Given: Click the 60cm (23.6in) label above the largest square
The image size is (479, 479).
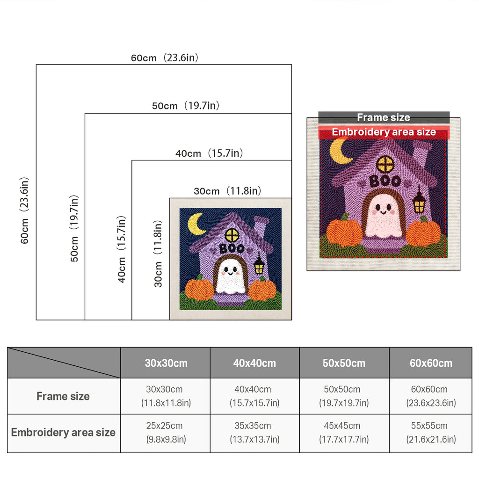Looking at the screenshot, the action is pos(165,58).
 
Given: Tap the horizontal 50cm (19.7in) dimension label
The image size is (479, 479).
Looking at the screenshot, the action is pos(186,105).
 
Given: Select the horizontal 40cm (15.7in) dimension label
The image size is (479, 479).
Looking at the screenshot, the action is pos(209,153).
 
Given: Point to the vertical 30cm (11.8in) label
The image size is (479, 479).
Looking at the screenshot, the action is pos(158,254).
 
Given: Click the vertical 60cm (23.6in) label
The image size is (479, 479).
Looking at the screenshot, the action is pos(24,210).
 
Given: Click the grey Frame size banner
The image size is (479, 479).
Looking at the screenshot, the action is pos(384,117).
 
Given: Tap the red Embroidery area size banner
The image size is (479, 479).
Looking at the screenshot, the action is pos(384,132).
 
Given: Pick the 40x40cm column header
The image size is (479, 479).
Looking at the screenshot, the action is pos(254,363).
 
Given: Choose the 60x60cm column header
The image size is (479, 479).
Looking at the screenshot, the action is pos(431,363).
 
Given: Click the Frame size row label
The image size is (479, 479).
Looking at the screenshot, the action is pos(63,396).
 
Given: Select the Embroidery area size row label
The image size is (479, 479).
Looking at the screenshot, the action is pos(63,432).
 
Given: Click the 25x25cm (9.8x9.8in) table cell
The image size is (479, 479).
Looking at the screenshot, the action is pos(166,432).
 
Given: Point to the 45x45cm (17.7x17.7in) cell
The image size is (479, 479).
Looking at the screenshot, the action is pos(344,432).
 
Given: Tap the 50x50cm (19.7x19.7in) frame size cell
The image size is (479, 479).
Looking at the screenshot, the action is pos(344,396).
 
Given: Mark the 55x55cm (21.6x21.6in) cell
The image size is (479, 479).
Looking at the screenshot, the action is pos(431,432).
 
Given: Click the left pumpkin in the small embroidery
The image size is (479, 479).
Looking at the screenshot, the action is pos(199,289).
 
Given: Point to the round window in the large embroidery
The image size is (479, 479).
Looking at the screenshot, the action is pos(385,165).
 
